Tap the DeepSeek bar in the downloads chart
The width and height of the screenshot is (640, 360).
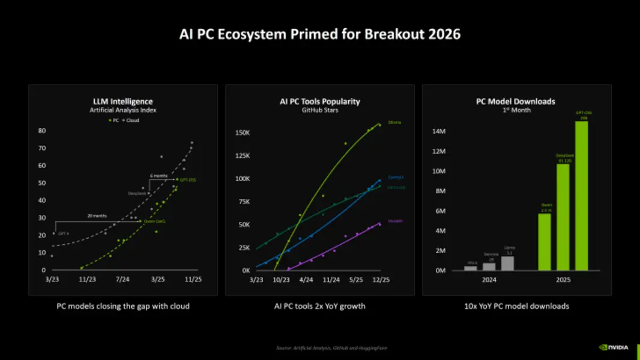click(x=563, y=217)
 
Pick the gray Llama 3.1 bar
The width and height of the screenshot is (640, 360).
click(x=507, y=263)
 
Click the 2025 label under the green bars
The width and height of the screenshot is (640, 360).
click(x=563, y=280)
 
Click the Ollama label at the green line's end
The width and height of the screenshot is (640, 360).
click(x=394, y=122)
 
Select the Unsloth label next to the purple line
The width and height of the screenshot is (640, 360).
click(x=395, y=221)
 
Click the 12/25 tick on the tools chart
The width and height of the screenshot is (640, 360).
click(x=381, y=280)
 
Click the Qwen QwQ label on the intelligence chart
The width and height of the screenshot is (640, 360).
click(x=154, y=221)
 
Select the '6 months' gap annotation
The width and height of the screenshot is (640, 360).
click(x=159, y=175)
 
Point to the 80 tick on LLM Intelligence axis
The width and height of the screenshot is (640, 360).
click(x=42, y=130)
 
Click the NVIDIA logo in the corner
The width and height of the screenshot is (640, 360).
click(x=613, y=347)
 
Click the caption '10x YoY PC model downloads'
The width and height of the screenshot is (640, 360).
click(x=516, y=306)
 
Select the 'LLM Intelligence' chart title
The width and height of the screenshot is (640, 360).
click(x=123, y=101)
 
